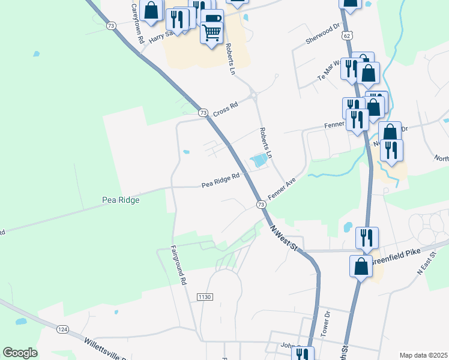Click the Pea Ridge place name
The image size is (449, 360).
point(121,200)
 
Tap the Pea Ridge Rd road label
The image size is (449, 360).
point(220,180)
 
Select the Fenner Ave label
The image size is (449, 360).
point(283,190)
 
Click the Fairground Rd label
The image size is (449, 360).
point(178,265)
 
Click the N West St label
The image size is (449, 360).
point(284,238)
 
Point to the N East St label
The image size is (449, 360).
point(427,265)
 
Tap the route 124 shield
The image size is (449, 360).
point(62,329)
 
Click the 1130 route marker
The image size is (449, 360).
point(205,297)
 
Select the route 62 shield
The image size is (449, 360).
point(348,36)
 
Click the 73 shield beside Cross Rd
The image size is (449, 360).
point(203,113)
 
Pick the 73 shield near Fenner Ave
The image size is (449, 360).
point(261,205)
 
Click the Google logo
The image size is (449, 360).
point(20,353)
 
